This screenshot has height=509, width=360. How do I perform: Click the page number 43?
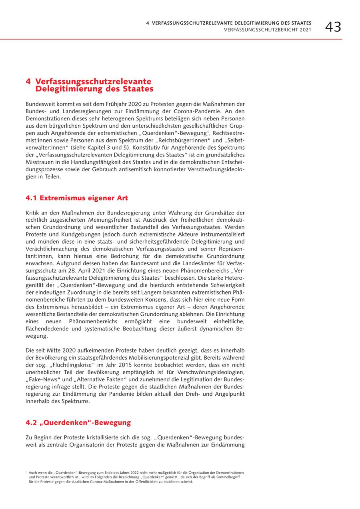[333, 27]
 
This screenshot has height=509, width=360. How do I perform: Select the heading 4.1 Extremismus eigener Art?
[76, 198]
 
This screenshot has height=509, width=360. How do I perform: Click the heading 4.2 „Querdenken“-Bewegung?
[78, 423]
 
